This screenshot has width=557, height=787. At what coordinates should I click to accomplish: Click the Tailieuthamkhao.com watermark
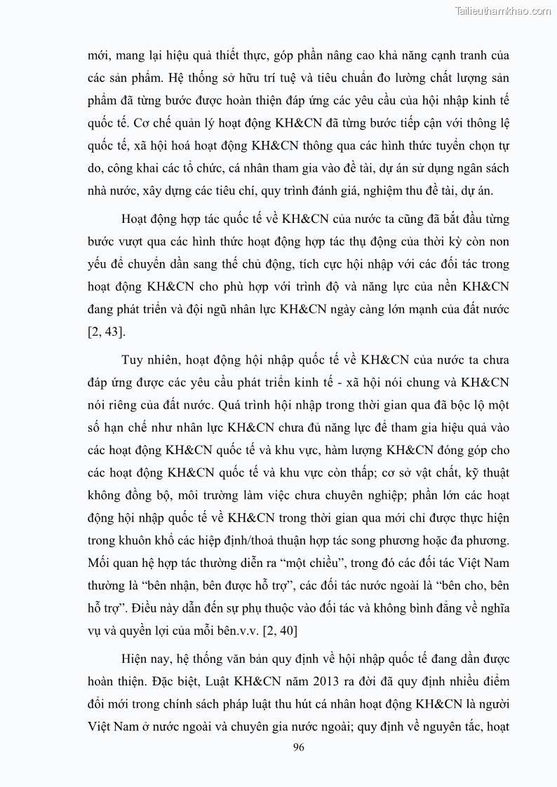(x=503, y=11)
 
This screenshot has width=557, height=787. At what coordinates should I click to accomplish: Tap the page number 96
(x=298, y=748)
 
